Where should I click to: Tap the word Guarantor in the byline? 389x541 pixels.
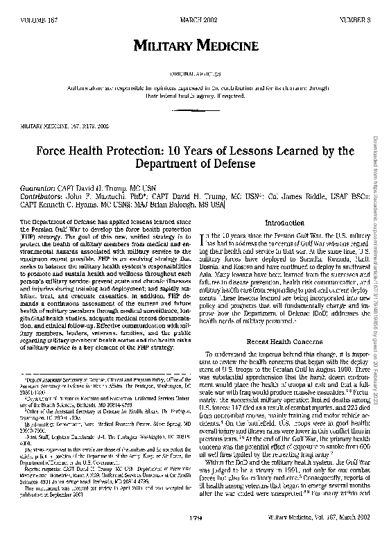[39, 188]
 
